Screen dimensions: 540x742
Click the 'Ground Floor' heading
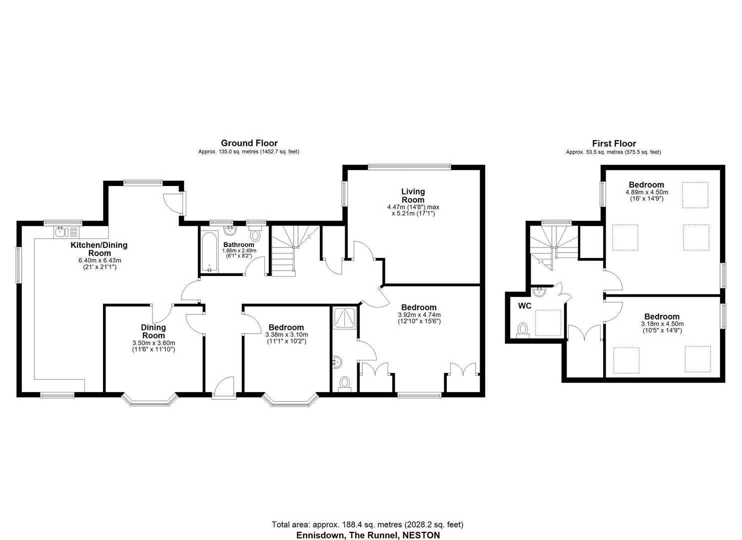point(249,143)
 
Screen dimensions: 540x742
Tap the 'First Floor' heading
point(614,144)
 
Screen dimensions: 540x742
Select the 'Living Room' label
point(413,195)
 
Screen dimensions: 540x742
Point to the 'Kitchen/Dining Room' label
point(99,249)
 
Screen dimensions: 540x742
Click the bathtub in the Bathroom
point(209,251)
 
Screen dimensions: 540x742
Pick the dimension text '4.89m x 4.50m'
point(647,192)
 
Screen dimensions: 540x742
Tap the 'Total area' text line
point(367,525)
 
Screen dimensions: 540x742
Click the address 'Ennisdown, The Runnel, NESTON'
point(368,535)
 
